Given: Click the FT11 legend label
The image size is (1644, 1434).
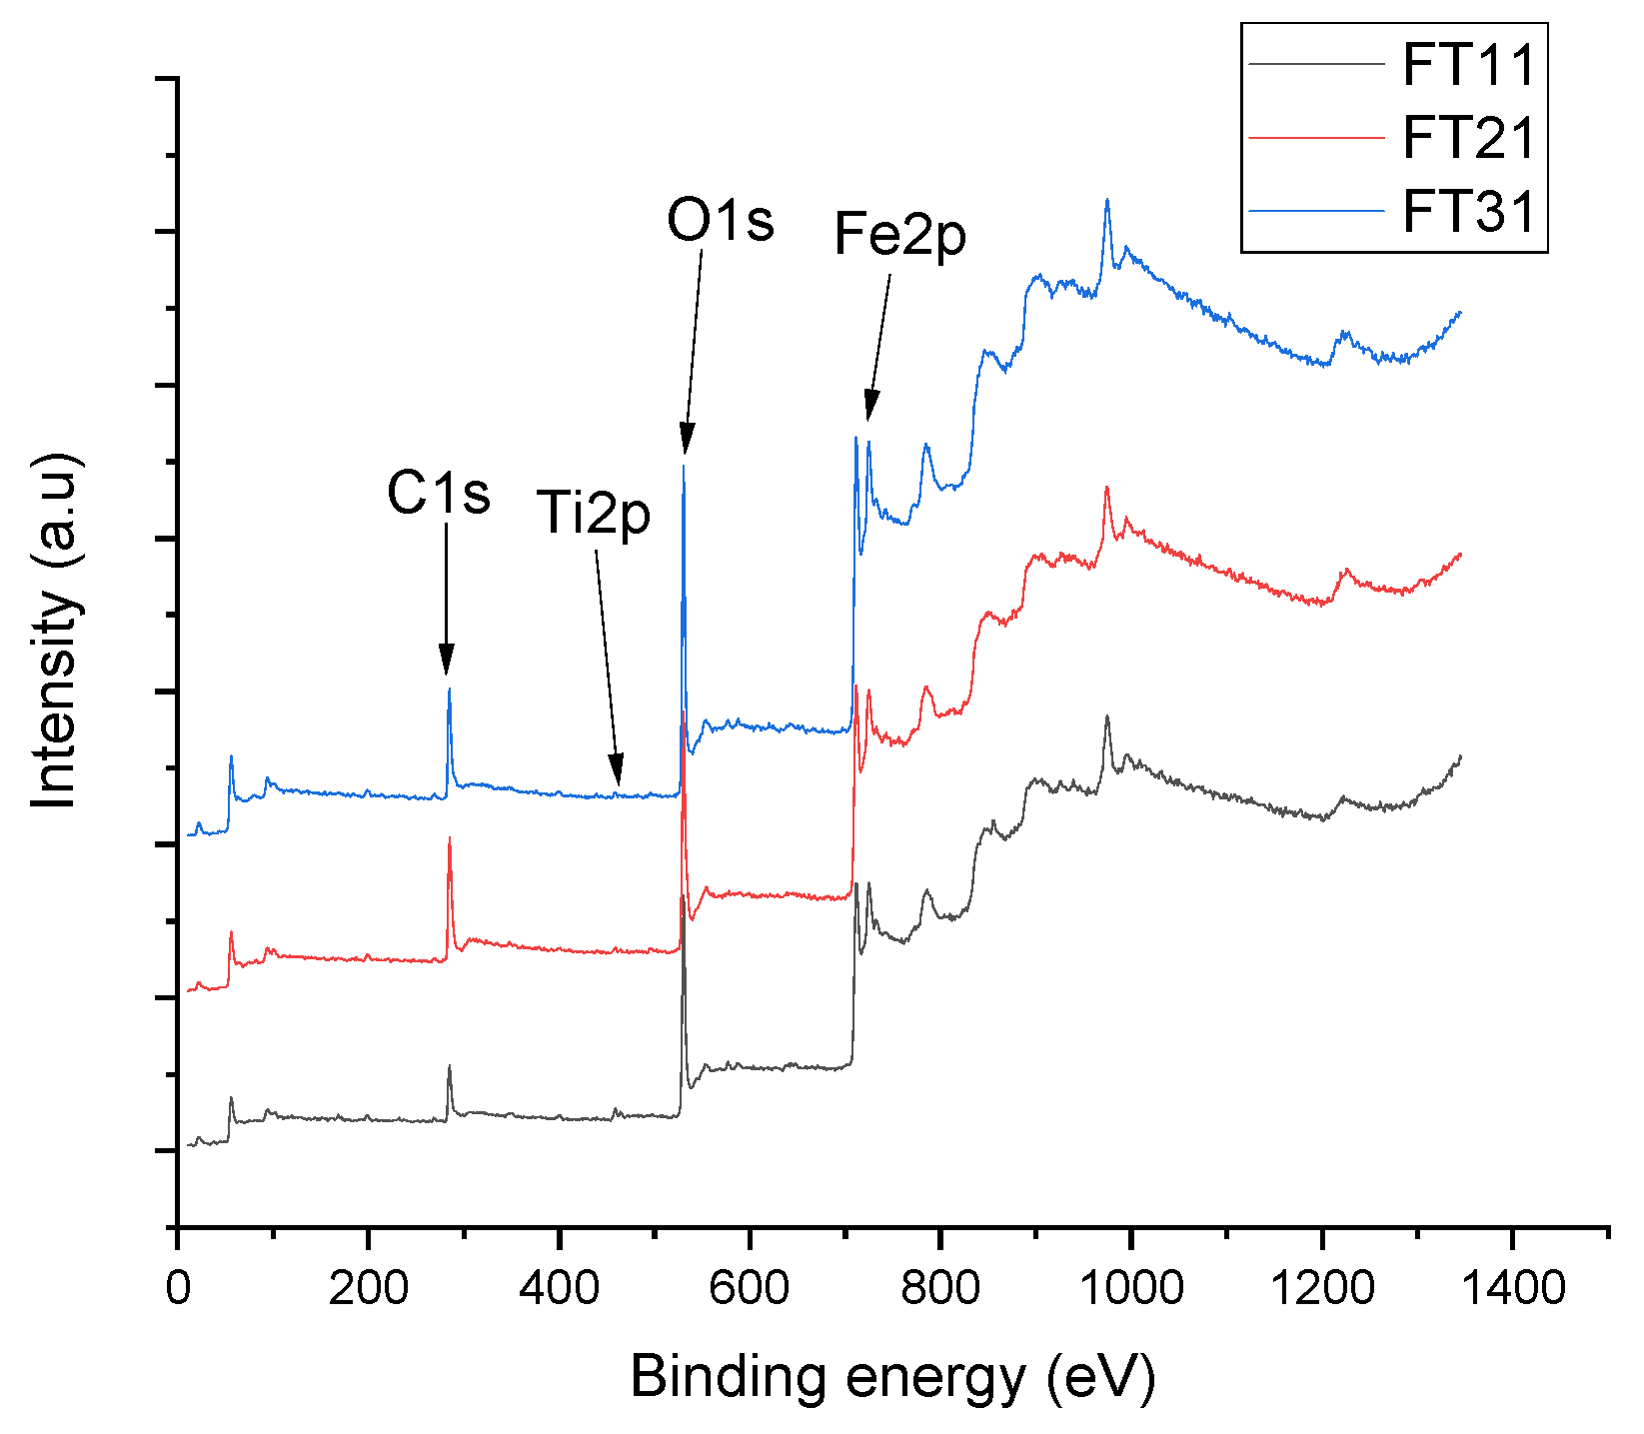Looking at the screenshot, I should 1467,65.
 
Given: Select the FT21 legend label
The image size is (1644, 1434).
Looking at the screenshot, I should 1467,138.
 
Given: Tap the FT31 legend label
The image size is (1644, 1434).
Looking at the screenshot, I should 1467,212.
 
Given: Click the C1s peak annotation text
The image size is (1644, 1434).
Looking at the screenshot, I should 439,493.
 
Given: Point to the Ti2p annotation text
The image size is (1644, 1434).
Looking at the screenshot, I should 594,514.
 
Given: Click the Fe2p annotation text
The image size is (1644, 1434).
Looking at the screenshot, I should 899,235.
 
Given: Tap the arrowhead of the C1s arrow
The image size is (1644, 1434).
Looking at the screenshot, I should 446,664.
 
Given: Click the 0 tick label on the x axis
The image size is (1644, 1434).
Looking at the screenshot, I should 178,1288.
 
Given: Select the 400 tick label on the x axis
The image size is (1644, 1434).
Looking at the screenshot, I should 559,1288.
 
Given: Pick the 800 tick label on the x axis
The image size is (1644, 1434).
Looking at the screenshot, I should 939,1288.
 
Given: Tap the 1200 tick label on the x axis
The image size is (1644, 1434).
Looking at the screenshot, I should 1321,1288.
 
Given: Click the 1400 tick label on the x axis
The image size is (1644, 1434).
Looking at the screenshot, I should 1511,1288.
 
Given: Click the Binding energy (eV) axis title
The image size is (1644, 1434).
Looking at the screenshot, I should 892,1377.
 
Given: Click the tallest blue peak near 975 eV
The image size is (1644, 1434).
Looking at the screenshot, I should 1106,200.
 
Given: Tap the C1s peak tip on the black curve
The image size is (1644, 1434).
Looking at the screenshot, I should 450,1066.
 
